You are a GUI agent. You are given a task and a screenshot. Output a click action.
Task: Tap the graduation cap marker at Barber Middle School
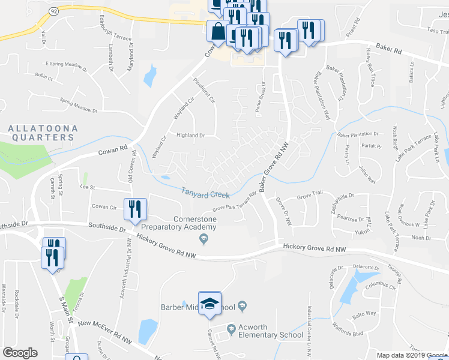coord(209,303)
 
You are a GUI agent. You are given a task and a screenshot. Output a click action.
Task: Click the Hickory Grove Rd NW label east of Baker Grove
coord(314,247)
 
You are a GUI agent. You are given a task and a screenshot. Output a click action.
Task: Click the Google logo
coord(20,353)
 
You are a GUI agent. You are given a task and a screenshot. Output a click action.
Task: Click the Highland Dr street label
coord(190,136)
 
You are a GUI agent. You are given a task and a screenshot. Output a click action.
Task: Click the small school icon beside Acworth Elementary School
coord(232,328)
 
